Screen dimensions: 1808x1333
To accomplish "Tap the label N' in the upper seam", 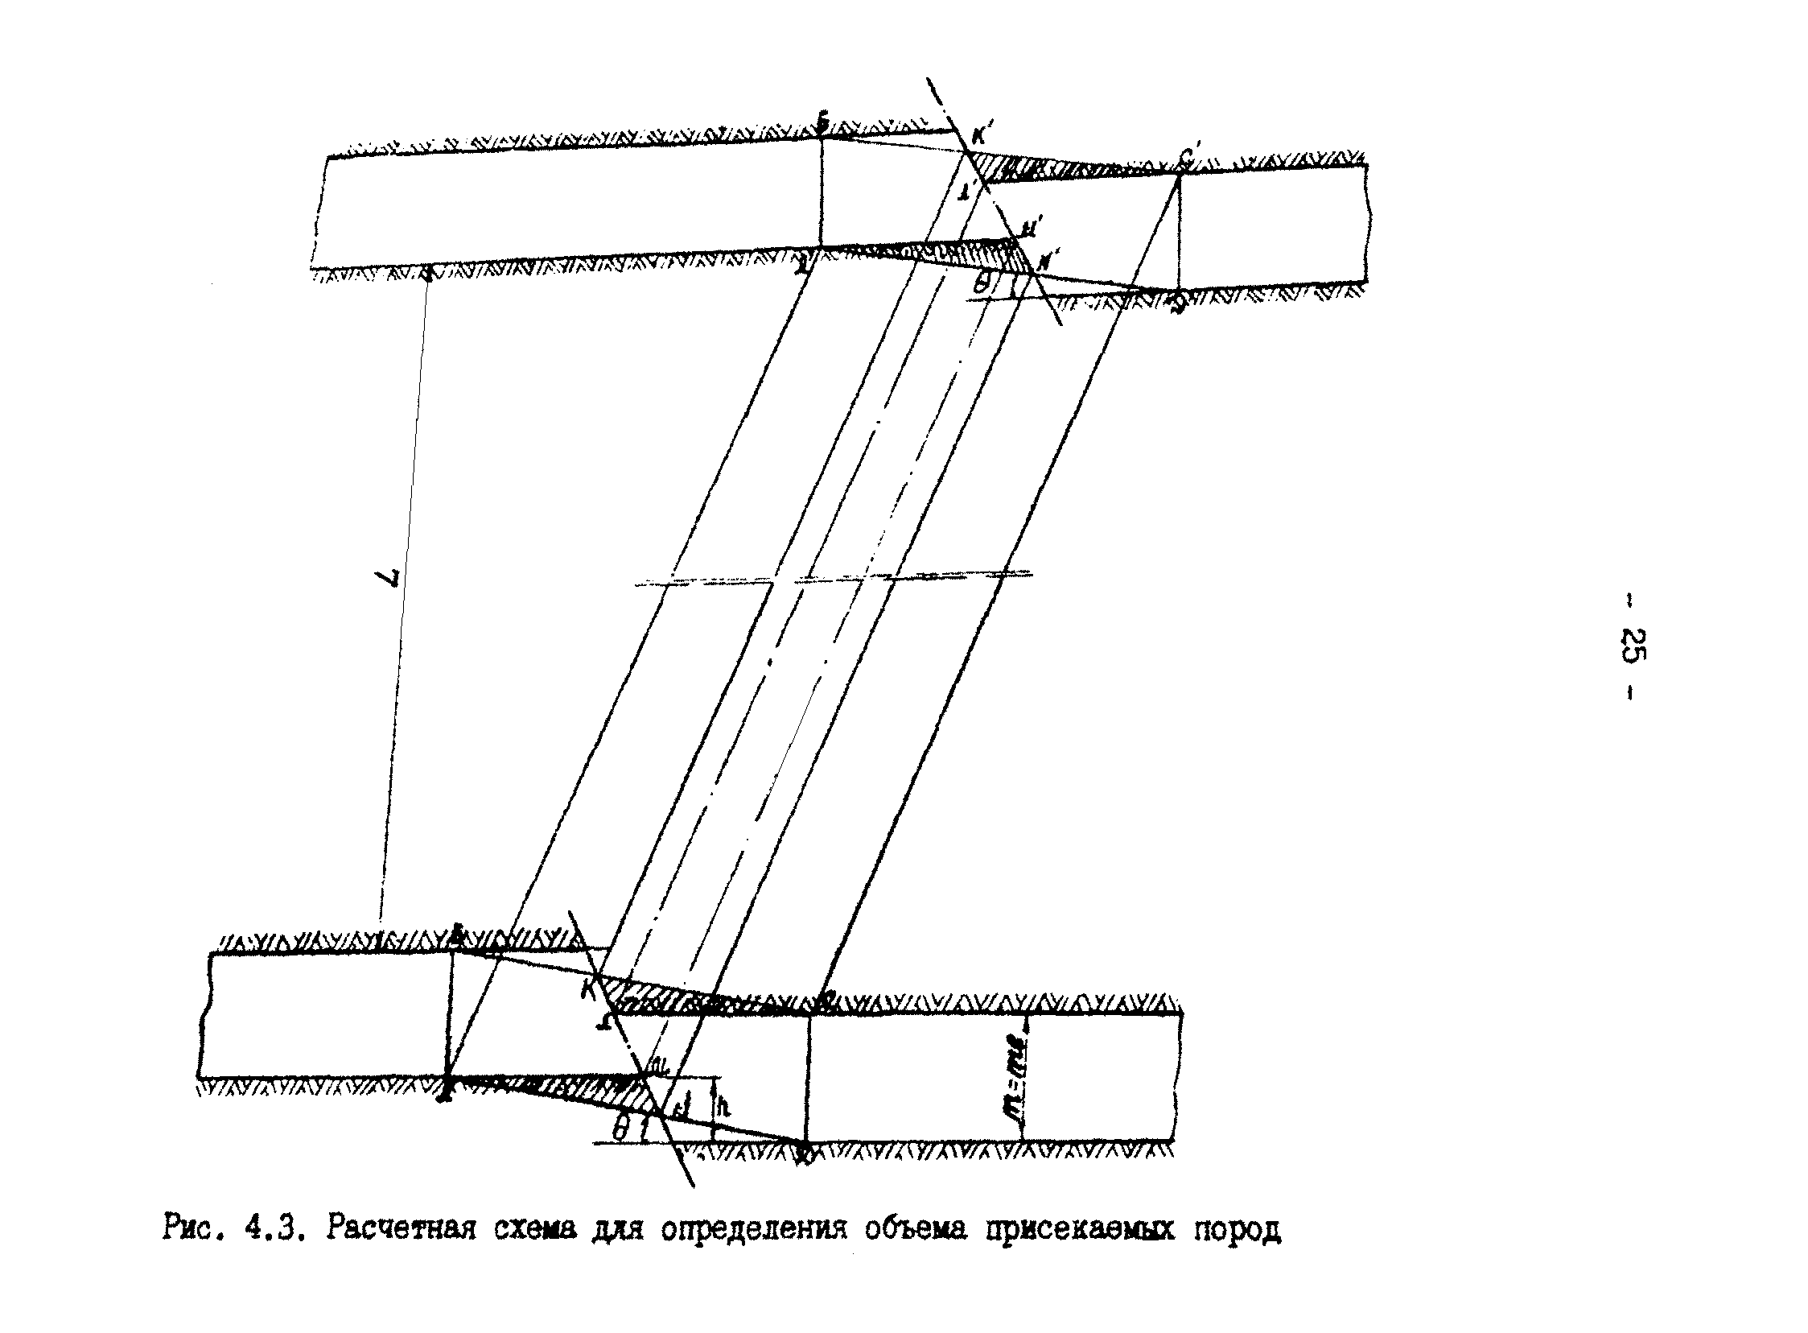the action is click(1049, 261).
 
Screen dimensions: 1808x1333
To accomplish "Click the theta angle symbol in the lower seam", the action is click(619, 1130).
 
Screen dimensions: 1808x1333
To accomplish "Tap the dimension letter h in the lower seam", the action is click(724, 1107).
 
